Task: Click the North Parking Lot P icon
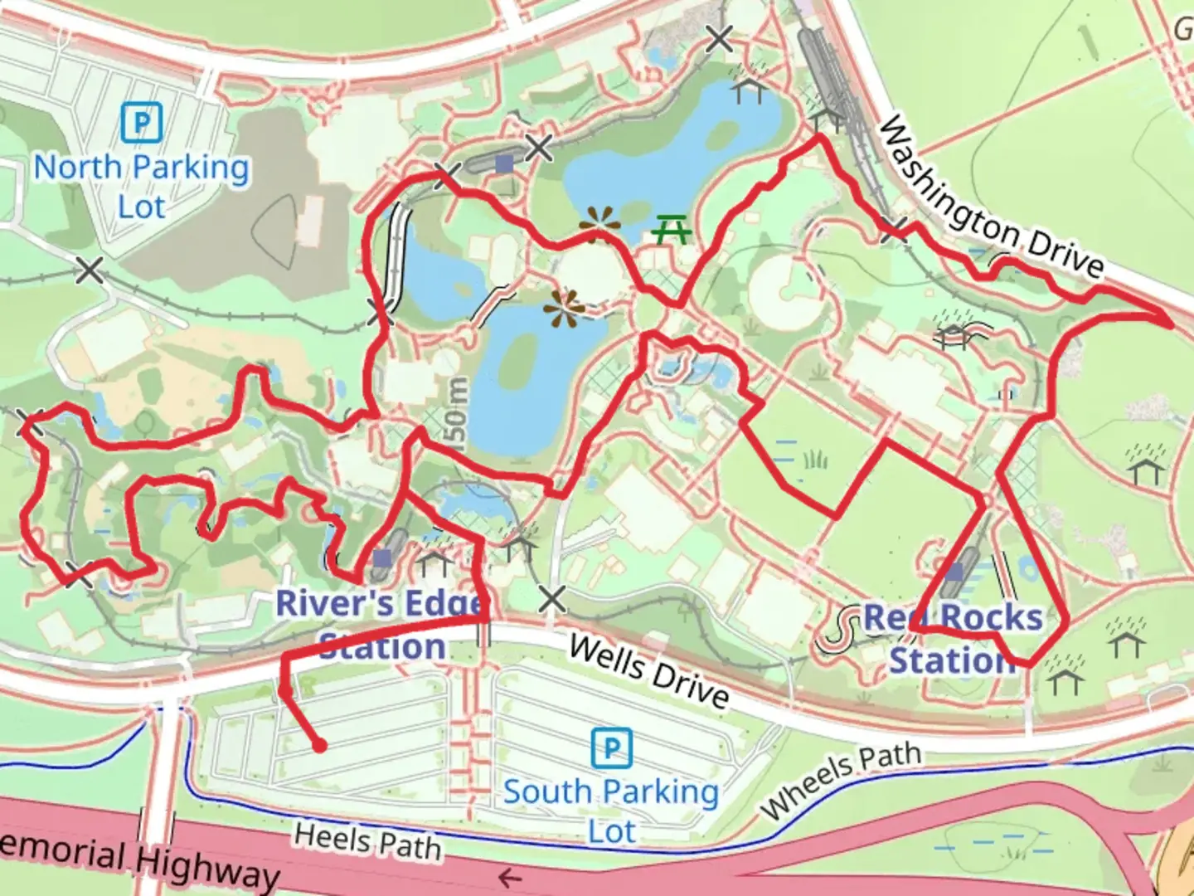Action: pyautogui.click(x=141, y=124)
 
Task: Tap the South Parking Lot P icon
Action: pyautogui.click(x=612, y=748)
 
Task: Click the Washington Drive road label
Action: pyautogui.click(x=991, y=197)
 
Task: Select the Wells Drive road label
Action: pyautogui.click(x=649, y=671)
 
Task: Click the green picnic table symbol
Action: pyautogui.click(x=672, y=229)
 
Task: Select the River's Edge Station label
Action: pyautogui.click(x=381, y=624)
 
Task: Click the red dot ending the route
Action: pyautogui.click(x=319, y=746)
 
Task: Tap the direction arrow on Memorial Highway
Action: pyautogui.click(x=509, y=877)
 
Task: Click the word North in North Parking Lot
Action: pyautogui.click(x=77, y=168)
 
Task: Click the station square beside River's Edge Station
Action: pyautogui.click(x=382, y=558)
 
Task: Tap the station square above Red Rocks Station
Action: pyautogui.click(x=955, y=572)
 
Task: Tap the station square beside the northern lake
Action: pyautogui.click(x=504, y=163)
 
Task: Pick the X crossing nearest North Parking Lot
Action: pyautogui.click(x=90, y=270)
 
